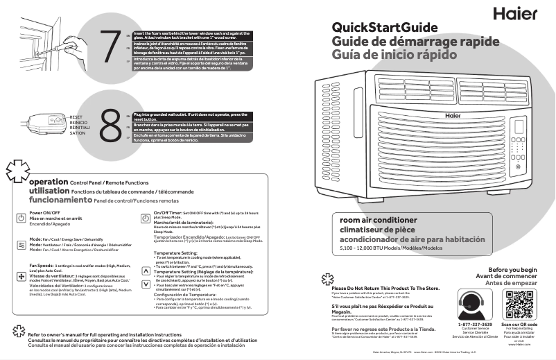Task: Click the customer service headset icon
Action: coord(475,303)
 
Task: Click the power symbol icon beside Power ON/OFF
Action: coord(21,218)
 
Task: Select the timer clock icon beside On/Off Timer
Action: coord(145,218)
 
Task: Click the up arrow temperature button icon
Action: coord(145,271)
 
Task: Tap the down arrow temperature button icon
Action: coord(145,284)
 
